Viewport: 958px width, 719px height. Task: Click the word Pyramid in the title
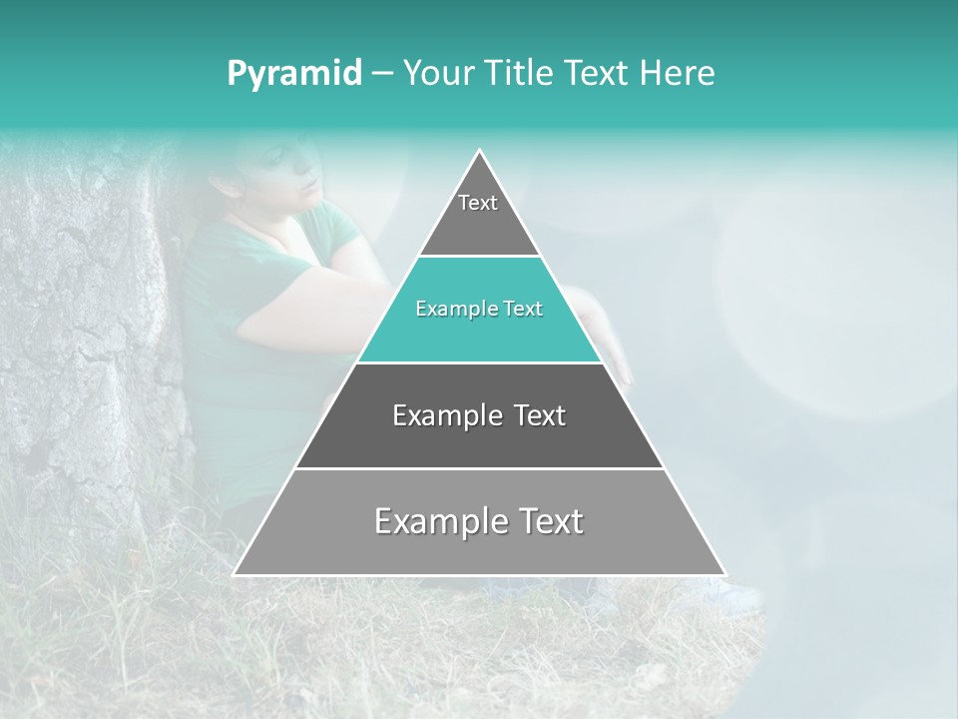(293, 74)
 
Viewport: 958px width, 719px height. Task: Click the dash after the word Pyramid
(381, 74)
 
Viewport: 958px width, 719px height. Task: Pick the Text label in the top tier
(478, 203)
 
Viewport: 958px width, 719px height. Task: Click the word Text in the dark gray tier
(540, 415)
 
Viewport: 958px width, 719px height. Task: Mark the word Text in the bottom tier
(551, 521)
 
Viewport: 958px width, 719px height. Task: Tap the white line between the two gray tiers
(480, 468)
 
